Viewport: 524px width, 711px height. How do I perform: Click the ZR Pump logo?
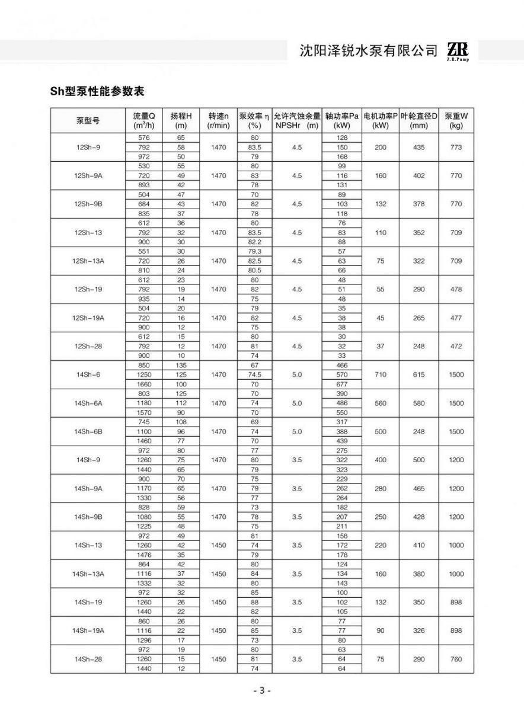458,52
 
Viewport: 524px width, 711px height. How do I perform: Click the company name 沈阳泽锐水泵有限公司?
369,52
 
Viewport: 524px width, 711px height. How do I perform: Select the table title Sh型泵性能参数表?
98,92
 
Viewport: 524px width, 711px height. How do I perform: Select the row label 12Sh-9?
88,147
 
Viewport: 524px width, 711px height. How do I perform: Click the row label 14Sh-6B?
88,432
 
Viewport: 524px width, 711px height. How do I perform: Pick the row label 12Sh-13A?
88,261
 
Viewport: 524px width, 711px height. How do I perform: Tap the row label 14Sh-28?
88,659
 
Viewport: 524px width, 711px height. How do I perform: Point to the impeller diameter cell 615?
418,374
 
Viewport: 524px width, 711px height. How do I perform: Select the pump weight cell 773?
456,147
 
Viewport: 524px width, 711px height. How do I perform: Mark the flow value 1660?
143,384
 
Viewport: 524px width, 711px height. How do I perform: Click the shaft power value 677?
341,384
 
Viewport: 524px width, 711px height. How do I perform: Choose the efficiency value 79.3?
255,251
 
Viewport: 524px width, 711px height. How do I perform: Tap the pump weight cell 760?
456,659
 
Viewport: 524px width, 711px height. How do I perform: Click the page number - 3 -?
261,691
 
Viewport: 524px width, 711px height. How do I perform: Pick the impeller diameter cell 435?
418,147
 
